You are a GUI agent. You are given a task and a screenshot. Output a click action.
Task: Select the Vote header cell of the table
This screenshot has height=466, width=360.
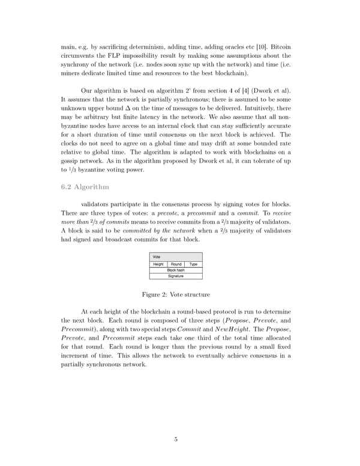pos(157,256)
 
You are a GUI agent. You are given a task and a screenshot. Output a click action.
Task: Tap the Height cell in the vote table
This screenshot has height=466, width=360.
pos(158,264)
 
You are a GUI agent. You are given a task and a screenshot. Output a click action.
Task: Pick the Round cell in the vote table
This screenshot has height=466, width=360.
pos(176,264)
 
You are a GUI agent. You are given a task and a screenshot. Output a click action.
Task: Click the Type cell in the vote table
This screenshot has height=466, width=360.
pos(193,264)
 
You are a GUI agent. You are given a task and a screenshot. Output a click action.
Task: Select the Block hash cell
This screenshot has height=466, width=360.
pos(176,270)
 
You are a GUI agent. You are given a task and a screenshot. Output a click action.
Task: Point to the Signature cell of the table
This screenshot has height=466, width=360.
pos(176,276)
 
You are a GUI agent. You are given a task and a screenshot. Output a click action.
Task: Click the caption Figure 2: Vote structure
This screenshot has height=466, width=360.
pos(176,295)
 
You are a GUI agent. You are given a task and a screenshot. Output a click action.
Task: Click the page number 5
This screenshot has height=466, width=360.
pos(176,439)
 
